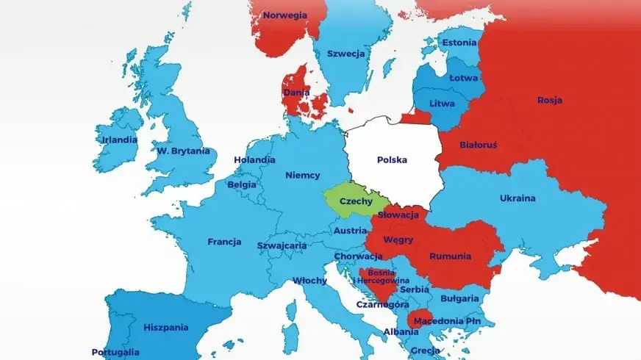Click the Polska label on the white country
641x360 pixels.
pyautogui.click(x=393, y=159)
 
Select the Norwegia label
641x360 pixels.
pyautogui.click(x=285, y=15)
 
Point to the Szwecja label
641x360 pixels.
pyautogui.click(x=346, y=54)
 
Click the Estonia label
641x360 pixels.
pyautogui.click(x=459, y=43)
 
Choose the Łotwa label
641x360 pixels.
pyautogui.click(x=464, y=77)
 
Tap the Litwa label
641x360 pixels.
pyautogui.click(x=443, y=104)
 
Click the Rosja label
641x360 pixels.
pyautogui.click(x=550, y=101)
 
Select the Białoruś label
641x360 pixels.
pyautogui.click(x=478, y=145)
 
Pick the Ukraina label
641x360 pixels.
pyautogui.click(x=518, y=198)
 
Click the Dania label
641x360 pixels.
pyautogui.click(x=296, y=93)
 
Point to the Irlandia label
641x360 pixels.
pyautogui.click(x=120, y=140)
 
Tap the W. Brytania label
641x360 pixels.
pyautogui.click(x=183, y=151)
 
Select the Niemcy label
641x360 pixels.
pyautogui.click(x=302, y=175)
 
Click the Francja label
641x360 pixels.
pyautogui.click(x=224, y=241)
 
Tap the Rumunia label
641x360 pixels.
pyautogui.click(x=457, y=257)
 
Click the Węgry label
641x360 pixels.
pyautogui.click(x=398, y=240)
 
